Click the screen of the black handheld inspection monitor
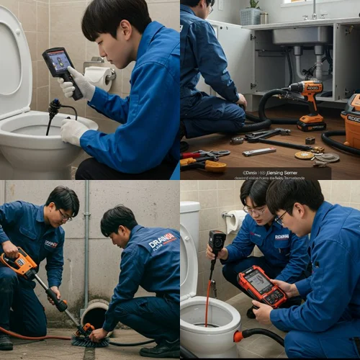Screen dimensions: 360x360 pyautogui.click(x=57, y=60)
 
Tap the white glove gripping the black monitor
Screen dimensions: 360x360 pyautogui.click(x=78, y=84)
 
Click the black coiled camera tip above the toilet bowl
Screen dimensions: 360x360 pyautogui.click(x=53, y=108)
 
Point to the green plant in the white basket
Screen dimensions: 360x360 pyautogui.click(x=254, y=4)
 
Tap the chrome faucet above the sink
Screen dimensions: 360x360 pyautogui.click(x=314, y=9)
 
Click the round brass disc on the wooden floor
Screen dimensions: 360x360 pyautogui.click(x=304, y=155)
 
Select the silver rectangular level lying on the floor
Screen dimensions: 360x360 pyautogui.click(x=259, y=152)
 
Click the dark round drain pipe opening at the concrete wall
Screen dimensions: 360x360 pyautogui.click(x=95, y=315)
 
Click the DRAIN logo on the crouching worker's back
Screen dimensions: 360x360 pyautogui.click(x=161, y=241)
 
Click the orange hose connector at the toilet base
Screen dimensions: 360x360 pyautogui.click(x=238, y=336)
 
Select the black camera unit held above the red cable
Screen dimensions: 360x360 pyautogui.click(x=216, y=243)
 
